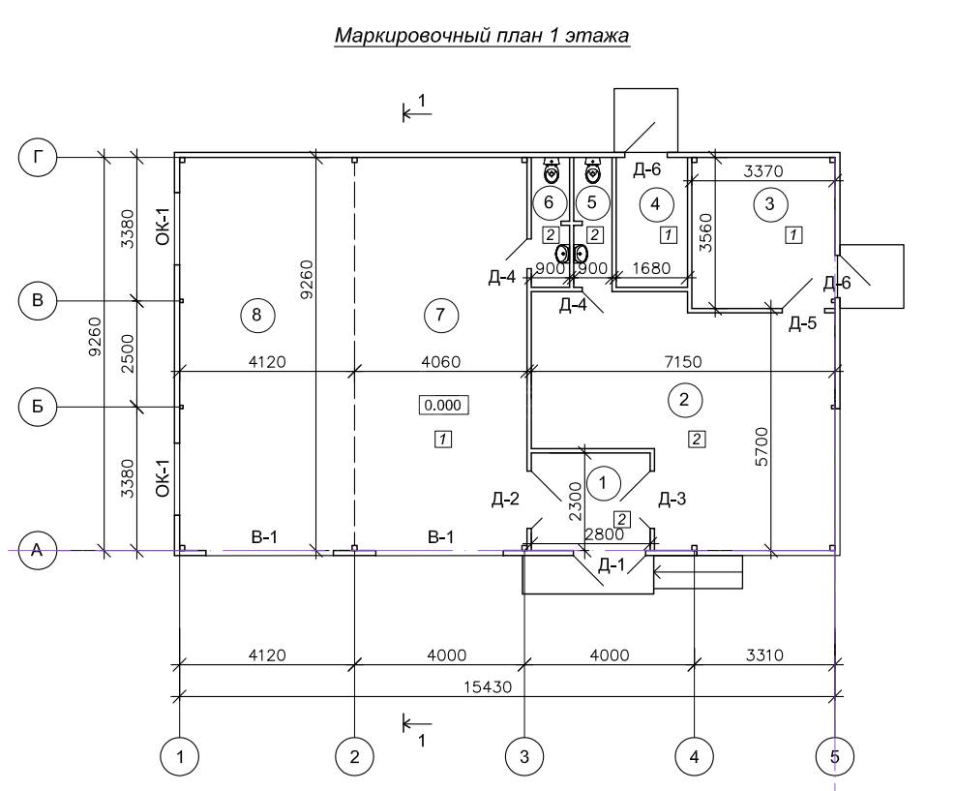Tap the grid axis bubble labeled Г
pyautogui.click(x=39, y=156)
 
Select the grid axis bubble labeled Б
pyautogui.click(x=39, y=407)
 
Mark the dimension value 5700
pyautogui.click(x=762, y=445)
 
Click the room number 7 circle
pyautogui.click(x=439, y=314)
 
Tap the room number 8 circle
pyautogui.click(x=256, y=314)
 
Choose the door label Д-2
pyautogui.click(x=505, y=500)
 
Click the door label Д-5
pyautogui.click(x=802, y=323)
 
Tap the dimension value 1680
pyautogui.click(x=651, y=268)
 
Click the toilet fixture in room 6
pyautogui.click(x=551, y=172)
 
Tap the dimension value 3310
pyautogui.click(x=764, y=654)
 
